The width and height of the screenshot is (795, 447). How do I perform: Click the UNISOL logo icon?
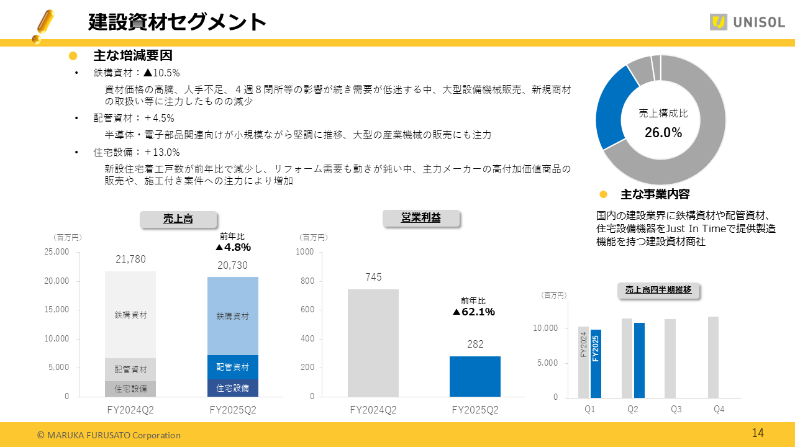(718, 22)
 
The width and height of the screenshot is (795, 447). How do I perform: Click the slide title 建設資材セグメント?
(177, 22)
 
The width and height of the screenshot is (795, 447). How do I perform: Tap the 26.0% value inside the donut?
(663, 132)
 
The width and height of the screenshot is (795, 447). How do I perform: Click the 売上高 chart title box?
(178, 219)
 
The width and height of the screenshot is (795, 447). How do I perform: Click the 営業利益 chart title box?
(421, 218)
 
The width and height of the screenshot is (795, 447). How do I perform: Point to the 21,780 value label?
(130, 260)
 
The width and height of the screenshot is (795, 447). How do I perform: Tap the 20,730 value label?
(232, 266)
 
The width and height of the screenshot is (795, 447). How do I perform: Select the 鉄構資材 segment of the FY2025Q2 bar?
(232, 316)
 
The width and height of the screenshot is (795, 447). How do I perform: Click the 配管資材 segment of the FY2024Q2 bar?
(130, 369)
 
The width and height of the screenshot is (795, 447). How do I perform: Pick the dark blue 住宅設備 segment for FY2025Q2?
(232, 388)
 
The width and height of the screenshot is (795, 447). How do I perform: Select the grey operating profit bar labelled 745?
(373, 343)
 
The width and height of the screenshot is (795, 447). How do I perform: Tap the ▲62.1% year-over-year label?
(473, 312)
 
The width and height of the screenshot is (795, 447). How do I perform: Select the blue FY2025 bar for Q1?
(596, 363)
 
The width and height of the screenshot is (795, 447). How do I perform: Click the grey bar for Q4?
(713, 357)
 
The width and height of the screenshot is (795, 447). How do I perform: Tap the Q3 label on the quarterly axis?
(676, 410)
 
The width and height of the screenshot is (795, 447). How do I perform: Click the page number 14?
(758, 433)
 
